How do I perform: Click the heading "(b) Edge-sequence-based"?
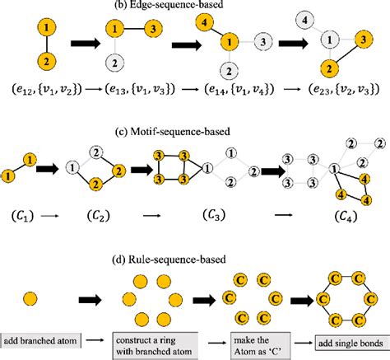tap(195, 7)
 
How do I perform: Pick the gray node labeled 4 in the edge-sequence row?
tap(327, 18)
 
